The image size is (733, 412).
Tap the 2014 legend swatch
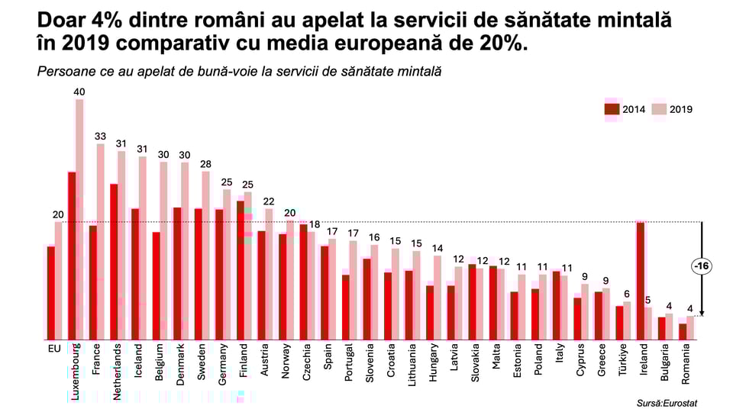tap(612, 109)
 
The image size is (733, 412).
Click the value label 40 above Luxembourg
tap(79, 92)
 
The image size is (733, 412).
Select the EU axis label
tap(54, 349)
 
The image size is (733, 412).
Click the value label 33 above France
tap(100, 137)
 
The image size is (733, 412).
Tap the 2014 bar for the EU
tap(50, 293)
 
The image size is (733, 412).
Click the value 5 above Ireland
tap(647, 300)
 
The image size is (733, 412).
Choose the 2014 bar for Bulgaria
tap(662, 328)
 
